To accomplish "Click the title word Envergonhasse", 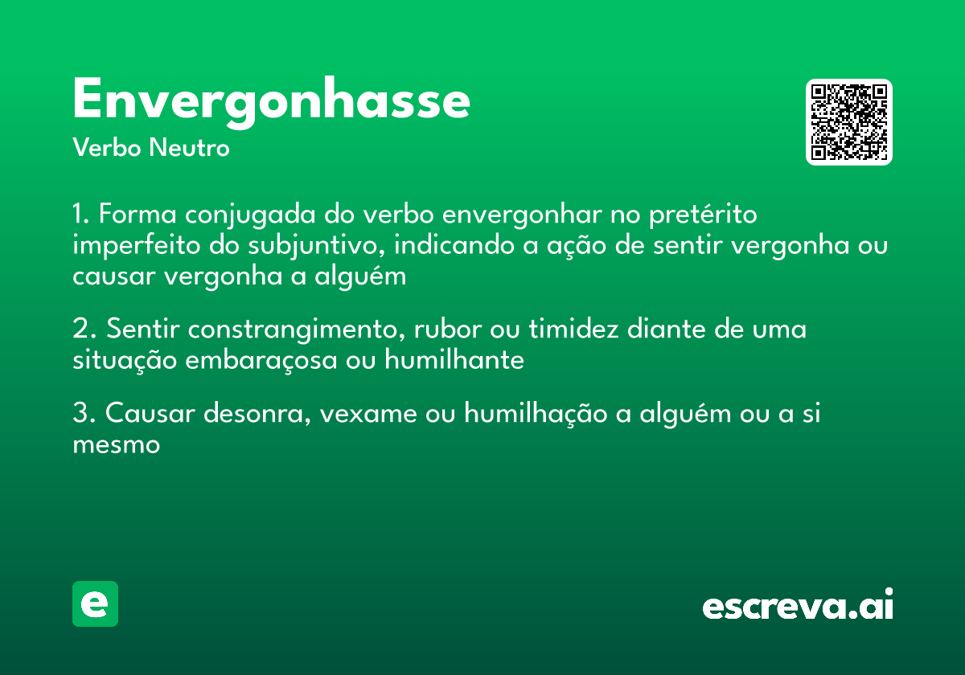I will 271,101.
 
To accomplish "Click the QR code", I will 849,122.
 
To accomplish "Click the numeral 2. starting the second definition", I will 84,330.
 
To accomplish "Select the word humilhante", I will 454,360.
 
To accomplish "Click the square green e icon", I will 95,604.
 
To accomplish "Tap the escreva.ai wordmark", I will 798,606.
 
